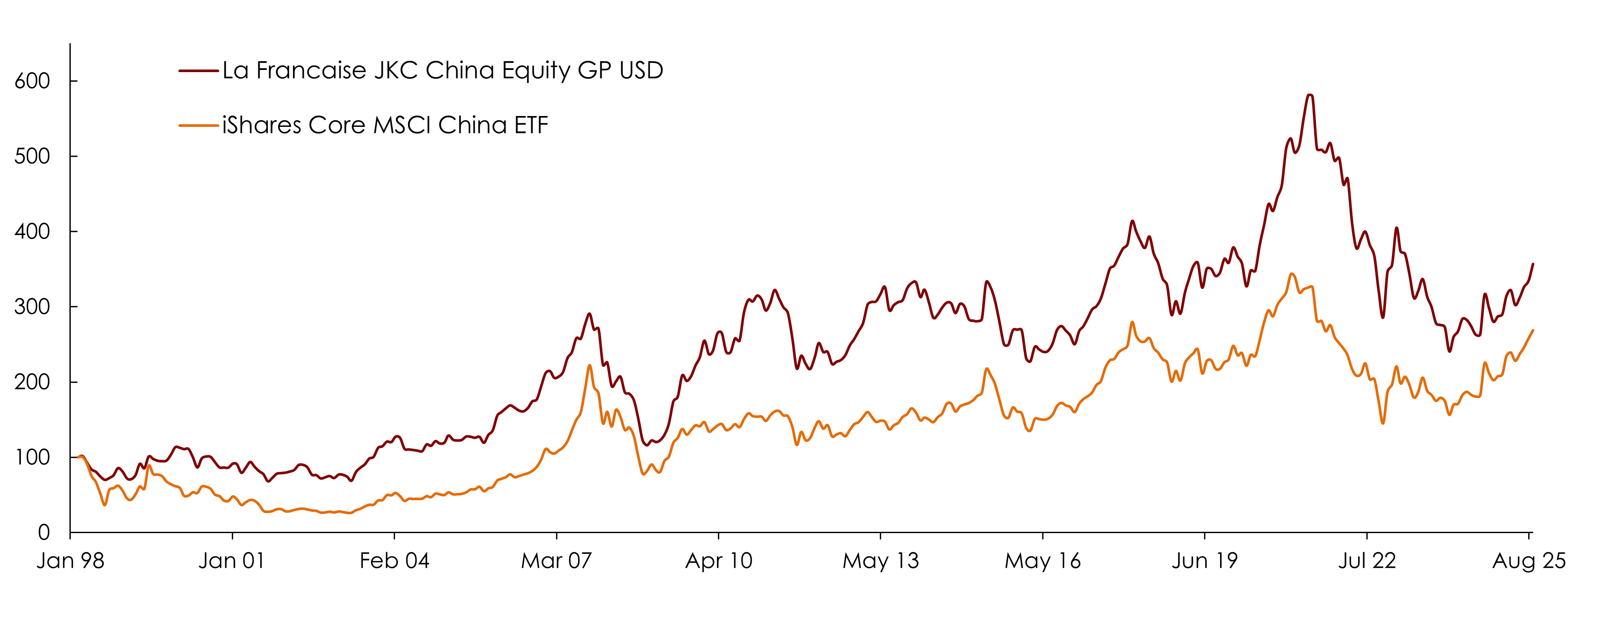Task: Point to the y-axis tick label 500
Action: click(33, 156)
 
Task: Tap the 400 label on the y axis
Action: click(33, 232)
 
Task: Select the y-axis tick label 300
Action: click(33, 307)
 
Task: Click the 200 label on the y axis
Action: click(33, 382)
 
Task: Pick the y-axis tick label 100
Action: click(33, 458)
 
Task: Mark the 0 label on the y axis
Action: click(43, 533)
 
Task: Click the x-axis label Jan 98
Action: click(70, 561)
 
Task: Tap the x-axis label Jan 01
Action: click(232, 561)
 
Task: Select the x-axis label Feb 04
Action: click(394, 561)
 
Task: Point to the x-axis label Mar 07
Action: click(556, 561)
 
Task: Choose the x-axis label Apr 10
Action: click(718, 561)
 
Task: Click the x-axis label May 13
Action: click(881, 561)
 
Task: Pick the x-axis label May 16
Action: click(1043, 561)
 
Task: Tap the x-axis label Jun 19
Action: click(1204, 561)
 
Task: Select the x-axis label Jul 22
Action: click(1367, 561)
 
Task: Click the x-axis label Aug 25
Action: click(1529, 561)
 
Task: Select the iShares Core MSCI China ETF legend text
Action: click(385, 125)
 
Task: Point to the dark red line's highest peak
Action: click(1310, 95)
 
